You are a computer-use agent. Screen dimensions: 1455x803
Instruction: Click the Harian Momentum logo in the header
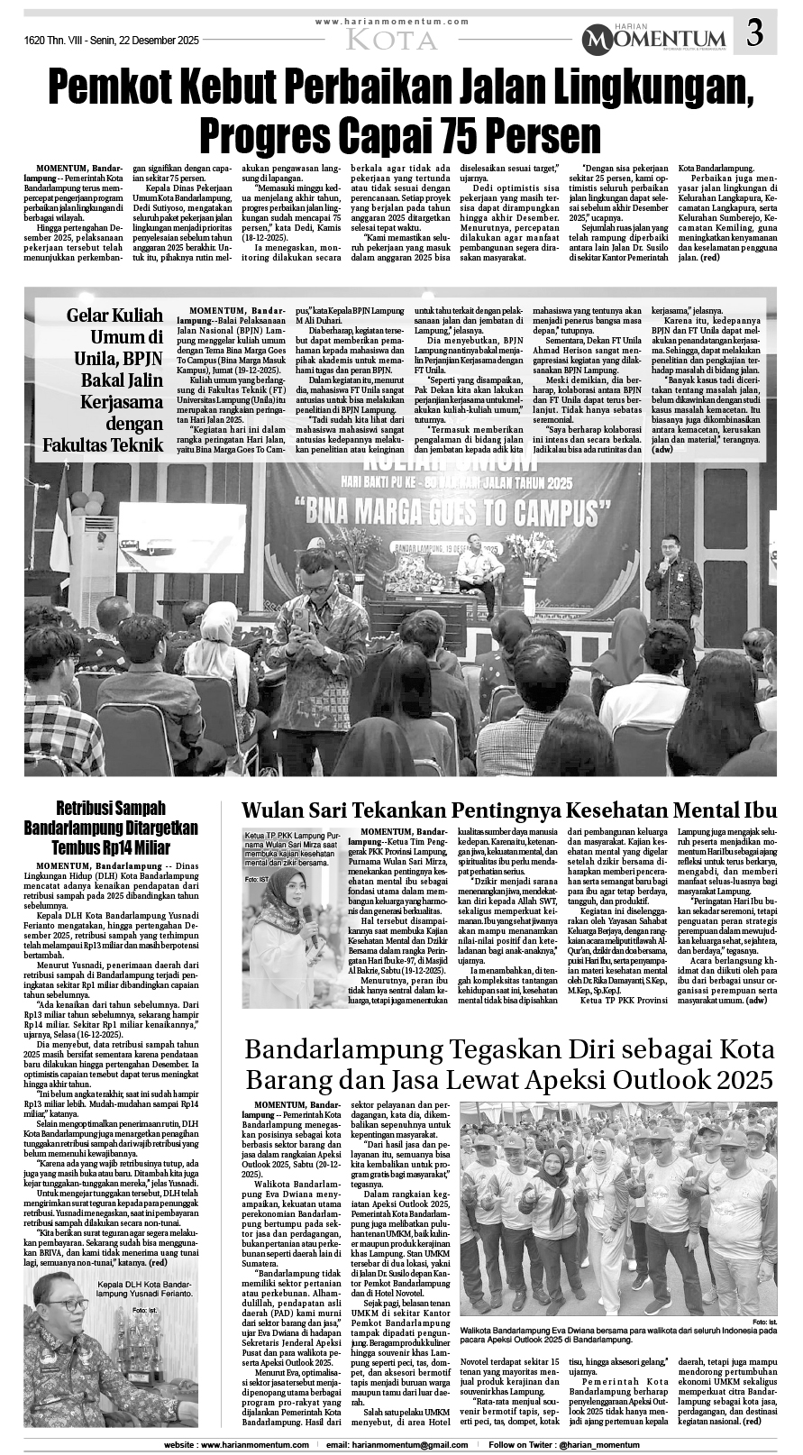653,38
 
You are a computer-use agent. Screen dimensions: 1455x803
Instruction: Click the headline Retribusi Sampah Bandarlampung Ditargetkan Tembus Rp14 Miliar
111,827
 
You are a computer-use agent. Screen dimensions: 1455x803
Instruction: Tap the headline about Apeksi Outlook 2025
509,1065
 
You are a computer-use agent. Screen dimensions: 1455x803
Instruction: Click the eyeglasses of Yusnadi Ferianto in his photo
65,1304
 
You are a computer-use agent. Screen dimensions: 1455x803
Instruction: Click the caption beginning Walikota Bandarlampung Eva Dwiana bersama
617,1335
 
